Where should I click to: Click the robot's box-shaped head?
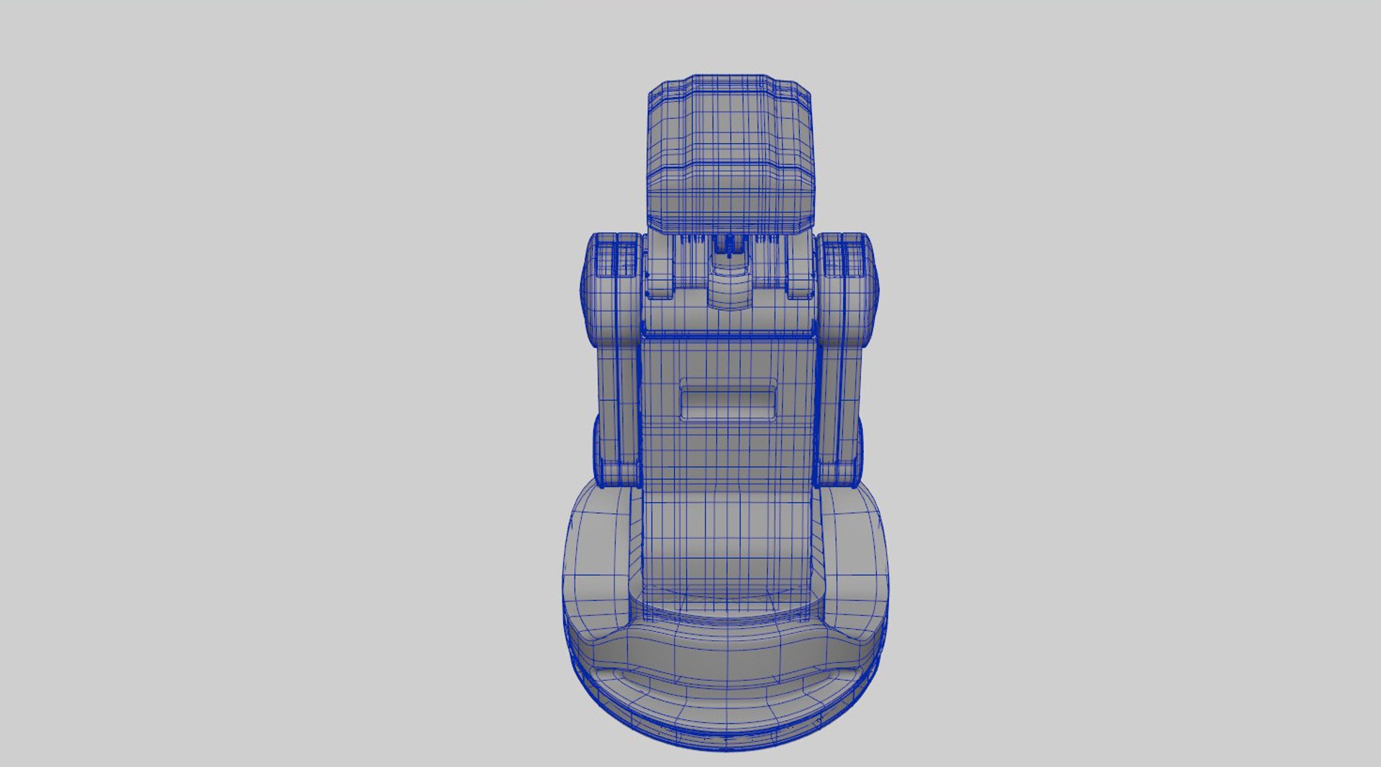(731, 155)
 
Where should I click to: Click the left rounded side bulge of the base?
(597, 561)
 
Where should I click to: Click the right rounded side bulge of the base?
(856, 561)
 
